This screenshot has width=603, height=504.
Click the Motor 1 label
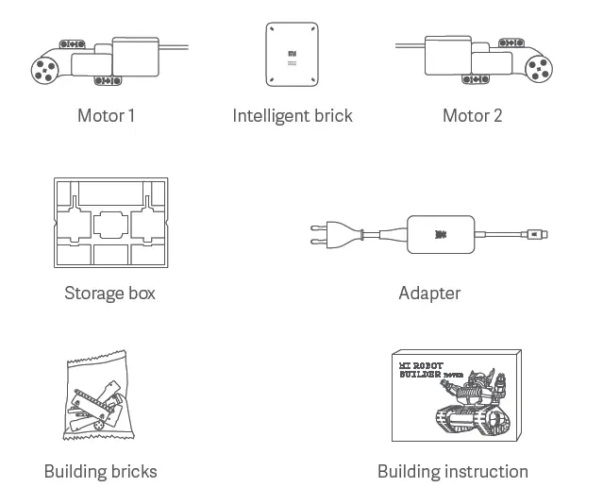pos(106,116)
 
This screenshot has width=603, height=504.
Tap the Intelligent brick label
pos(293,116)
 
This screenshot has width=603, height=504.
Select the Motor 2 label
pos(472,116)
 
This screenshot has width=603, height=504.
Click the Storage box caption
pos(109,293)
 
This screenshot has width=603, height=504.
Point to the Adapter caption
pos(429,293)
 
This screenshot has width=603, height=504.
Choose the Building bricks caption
pos(100,471)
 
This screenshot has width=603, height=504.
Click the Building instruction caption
pos(452,471)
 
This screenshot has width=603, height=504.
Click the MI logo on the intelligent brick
pos(293,53)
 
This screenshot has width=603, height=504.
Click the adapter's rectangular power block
pos(439,233)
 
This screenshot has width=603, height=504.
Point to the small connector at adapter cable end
pos(538,234)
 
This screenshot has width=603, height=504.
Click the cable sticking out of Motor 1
pos(175,47)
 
